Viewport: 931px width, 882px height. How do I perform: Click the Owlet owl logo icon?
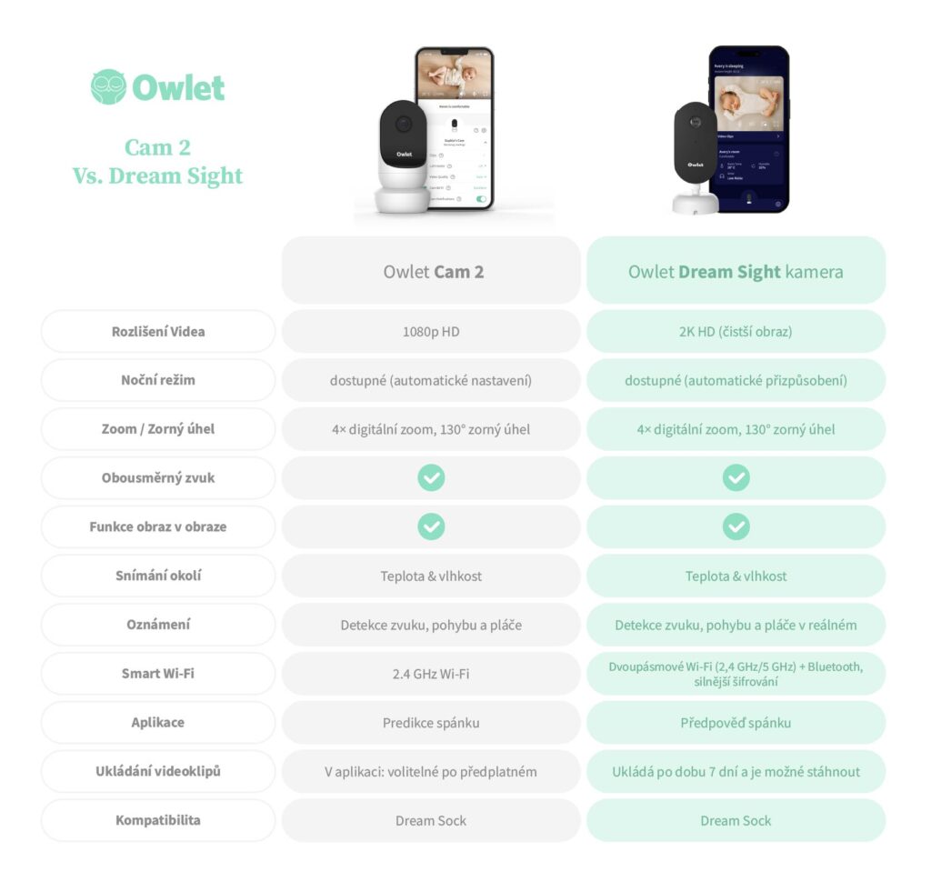(x=108, y=87)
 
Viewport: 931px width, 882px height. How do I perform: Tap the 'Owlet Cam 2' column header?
(x=431, y=271)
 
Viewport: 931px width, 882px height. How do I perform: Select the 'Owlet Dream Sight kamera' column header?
(x=736, y=271)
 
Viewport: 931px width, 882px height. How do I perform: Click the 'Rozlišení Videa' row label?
(x=158, y=331)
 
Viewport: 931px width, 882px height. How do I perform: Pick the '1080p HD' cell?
(x=431, y=331)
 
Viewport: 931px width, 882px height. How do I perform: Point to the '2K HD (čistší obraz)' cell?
(x=736, y=331)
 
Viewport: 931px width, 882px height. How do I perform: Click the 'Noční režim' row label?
(x=158, y=380)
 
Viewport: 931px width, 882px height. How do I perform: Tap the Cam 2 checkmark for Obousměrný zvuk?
(x=431, y=477)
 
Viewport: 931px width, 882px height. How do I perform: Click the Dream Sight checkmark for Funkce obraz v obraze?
(x=736, y=526)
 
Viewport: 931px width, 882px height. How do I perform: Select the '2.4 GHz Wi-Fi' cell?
(x=431, y=674)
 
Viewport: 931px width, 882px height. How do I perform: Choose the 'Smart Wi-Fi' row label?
(x=158, y=674)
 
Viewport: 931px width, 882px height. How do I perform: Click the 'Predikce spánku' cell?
(x=431, y=723)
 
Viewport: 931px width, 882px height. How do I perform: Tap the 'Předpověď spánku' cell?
(x=736, y=723)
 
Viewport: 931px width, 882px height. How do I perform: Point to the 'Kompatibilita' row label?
(x=158, y=820)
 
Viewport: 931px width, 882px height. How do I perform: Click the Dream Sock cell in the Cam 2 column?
(x=431, y=820)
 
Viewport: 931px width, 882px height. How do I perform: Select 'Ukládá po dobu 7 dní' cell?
(x=736, y=772)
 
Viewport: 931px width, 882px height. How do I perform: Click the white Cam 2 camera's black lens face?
(x=403, y=131)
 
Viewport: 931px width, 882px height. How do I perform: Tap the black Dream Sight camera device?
(x=696, y=145)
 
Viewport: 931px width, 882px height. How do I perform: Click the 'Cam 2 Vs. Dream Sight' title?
(x=158, y=161)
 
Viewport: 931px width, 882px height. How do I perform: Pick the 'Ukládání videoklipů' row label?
(x=158, y=772)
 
